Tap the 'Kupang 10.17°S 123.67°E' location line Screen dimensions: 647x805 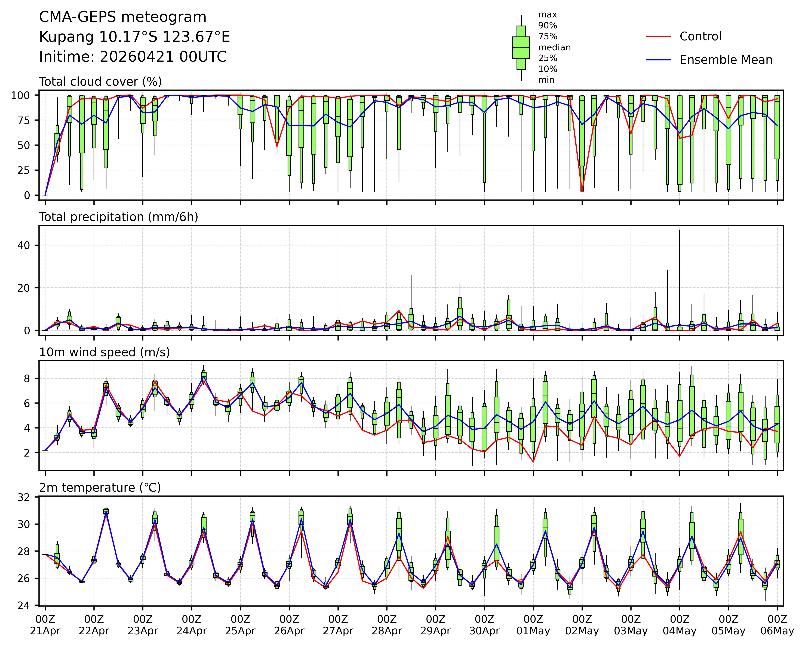click(134, 37)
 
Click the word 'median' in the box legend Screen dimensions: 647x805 click(554, 47)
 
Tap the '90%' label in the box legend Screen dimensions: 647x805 click(547, 26)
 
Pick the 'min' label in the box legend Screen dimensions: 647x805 click(546, 80)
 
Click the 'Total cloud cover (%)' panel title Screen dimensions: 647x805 click(100, 82)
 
